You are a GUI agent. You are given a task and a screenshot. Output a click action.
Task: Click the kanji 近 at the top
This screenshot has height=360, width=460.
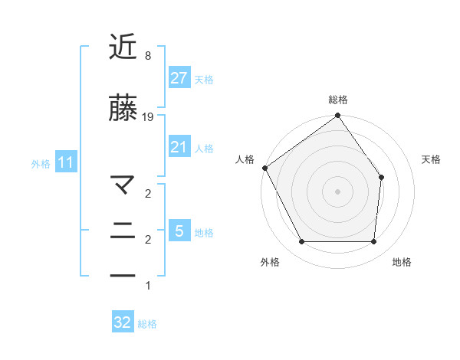[123, 47]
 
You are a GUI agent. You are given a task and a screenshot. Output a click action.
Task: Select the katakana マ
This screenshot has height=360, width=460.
[123, 185]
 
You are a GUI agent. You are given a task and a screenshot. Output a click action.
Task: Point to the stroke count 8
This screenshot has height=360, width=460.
[147, 56]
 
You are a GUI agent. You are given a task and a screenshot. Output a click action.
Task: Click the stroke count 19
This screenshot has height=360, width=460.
[148, 117]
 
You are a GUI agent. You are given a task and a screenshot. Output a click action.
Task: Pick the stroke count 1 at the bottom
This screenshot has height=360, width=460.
[147, 286]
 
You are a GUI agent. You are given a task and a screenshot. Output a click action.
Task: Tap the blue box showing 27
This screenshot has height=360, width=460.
[179, 78]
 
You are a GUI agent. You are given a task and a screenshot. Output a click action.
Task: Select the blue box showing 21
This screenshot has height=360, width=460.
[179, 147]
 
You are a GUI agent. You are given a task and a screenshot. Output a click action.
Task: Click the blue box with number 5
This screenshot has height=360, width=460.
[179, 231]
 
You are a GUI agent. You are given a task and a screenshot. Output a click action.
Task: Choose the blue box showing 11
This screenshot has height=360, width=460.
[66, 162]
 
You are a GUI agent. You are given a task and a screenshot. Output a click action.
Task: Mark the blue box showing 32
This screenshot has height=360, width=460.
[123, 322]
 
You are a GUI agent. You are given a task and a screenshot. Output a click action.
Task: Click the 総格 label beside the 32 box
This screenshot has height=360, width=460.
[147, 324]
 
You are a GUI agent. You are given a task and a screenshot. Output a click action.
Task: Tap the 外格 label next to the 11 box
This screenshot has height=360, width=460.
[41, 163]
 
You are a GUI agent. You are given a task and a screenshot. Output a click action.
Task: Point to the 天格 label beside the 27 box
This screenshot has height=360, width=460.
[204, 79]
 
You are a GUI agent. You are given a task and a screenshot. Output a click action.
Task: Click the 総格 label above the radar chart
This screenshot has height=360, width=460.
[338, 100]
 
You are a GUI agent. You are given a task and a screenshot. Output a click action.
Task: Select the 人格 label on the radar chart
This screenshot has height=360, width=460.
[245, 159]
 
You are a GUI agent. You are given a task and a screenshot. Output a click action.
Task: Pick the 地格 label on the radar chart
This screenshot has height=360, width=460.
[402, 262]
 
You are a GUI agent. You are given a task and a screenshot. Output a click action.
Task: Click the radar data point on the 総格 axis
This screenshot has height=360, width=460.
[337, 116]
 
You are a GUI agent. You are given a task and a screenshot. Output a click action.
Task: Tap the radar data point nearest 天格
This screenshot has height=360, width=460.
[382, 178]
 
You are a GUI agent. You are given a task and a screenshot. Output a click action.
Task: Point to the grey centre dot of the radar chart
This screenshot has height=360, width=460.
[337, 191]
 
